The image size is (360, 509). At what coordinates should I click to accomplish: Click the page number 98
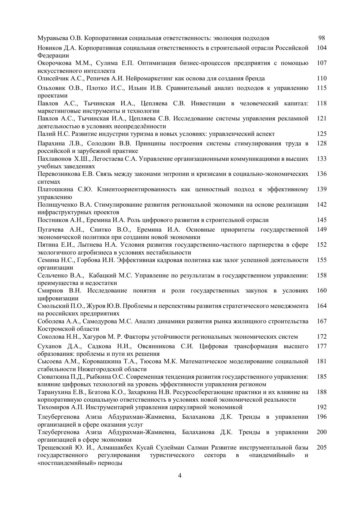point(321,38)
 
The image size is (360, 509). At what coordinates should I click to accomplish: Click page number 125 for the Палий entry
point(322,133)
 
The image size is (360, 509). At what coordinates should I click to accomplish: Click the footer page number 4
point(180,476)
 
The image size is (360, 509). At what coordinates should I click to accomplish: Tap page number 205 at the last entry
point(322,447)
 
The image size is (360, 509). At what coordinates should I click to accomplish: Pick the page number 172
point(322,336)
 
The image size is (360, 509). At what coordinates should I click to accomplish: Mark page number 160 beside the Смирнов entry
point(322,290)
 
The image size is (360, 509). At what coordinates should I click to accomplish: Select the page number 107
point(322,63)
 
